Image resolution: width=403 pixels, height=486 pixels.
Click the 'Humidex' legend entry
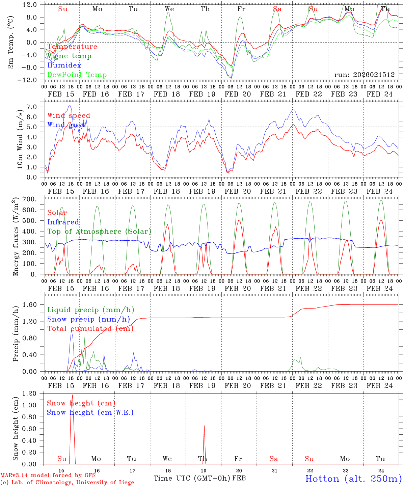pos(64,65)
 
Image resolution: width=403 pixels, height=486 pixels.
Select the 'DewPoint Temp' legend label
pos(77,75)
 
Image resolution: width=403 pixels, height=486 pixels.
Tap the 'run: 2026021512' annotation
pos(364,75)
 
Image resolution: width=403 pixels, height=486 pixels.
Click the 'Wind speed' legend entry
pos(69,115)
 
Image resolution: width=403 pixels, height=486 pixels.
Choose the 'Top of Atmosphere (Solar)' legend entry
pos(99,232)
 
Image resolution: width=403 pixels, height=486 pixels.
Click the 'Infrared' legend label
pos(63,222)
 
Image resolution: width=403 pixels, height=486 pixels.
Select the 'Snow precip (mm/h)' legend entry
pos(88,319)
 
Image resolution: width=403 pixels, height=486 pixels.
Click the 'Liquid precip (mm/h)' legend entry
pos(90,310)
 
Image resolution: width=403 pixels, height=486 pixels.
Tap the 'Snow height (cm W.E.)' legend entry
pos(90,412)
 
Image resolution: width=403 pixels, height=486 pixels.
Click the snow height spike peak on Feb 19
pos(204,426)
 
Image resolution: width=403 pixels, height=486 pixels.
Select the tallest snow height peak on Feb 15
pos(72,395)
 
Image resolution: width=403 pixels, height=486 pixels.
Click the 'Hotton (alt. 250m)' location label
pos(353,479)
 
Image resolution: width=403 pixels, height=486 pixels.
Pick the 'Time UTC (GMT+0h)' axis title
pos(192,478)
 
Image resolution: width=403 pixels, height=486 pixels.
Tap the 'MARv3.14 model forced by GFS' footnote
pos(48,476)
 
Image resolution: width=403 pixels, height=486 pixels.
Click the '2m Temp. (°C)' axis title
pos(11,43)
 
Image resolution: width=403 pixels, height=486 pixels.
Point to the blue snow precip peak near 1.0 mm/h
pos(71,331)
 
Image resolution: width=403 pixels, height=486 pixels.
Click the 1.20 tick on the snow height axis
pos(30,394)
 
